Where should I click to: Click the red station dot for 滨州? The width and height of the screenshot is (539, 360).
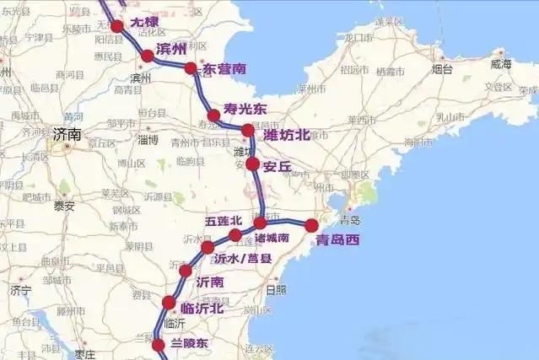148,56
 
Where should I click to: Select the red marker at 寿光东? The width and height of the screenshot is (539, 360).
213,116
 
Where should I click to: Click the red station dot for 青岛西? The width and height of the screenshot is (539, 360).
311,225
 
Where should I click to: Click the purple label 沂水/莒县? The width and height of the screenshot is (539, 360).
242,259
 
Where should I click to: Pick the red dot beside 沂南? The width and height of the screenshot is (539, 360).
186,271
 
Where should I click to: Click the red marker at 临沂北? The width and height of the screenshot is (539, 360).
169,303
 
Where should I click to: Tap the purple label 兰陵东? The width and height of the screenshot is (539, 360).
189,343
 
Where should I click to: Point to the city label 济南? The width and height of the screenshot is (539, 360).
67,134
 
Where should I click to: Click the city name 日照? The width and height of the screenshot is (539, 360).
275,290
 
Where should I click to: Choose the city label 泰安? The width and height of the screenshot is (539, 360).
64,206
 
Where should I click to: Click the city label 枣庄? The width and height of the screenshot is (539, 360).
84,354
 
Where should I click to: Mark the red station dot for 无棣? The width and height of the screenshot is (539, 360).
117,26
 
